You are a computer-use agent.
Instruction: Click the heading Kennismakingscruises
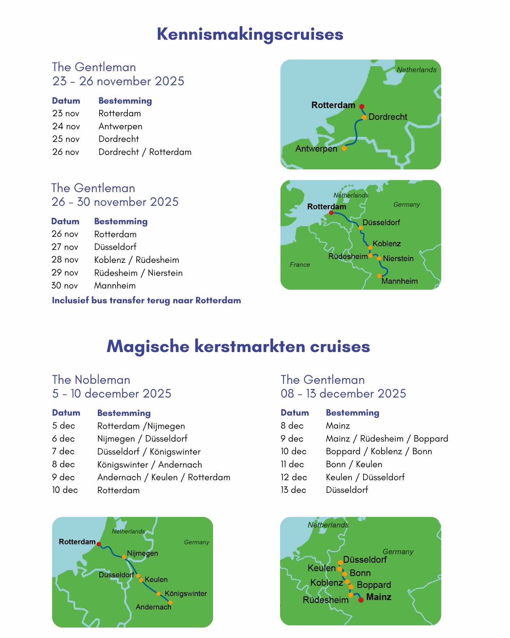(250, 34)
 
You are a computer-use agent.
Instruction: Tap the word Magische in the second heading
(148, 346)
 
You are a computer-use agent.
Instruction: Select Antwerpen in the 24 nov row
(120, 126)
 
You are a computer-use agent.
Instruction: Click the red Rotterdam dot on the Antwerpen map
(362, 107)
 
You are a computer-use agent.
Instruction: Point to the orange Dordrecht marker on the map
(364, 117)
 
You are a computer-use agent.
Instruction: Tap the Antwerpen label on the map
(316, 149)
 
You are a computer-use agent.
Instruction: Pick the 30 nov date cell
(65, 286)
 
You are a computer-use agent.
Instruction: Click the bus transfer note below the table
(146, 300)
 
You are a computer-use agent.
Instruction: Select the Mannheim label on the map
(400, 281)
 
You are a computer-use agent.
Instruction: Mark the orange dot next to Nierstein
(379, 258)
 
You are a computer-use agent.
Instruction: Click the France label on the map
(300, 265)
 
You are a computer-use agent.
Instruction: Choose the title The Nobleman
(91, 380)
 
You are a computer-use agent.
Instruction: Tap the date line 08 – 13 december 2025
(343, 394)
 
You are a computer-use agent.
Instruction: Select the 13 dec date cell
(293, 490)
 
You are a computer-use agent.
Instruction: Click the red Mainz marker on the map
(361, 600)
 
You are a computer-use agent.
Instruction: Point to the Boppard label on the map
(374, 585)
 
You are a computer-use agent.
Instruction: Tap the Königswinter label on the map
(186, 594)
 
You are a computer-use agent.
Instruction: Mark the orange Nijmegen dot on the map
(124, 557)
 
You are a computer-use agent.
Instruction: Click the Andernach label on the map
(153, 607)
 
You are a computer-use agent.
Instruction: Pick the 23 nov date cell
(66, 113)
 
